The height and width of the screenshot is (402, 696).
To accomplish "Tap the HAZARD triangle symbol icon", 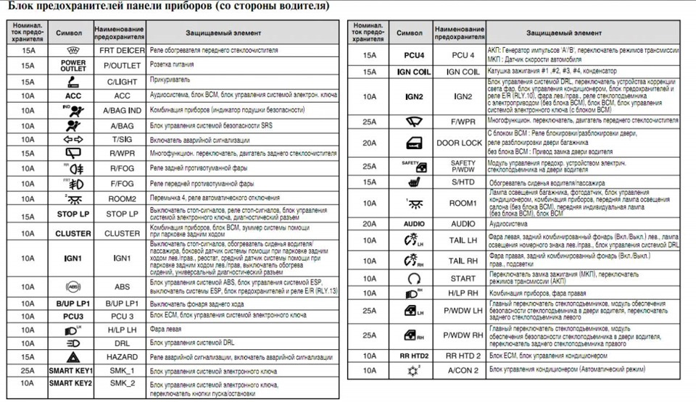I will [73, 357].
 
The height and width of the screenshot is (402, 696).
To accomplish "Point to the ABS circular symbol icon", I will [73, 286].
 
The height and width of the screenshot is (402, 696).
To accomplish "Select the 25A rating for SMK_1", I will [28, 371].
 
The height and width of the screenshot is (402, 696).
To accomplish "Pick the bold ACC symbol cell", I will [73, 95].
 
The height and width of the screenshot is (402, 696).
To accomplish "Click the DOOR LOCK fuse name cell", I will [460, 143].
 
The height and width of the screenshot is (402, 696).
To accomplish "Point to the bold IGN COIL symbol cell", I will [414, 72].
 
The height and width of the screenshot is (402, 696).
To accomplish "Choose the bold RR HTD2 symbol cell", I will [414, 356].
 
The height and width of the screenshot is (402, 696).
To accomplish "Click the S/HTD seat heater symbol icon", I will [414, 181].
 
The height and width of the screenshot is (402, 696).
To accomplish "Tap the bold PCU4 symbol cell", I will [414, 55].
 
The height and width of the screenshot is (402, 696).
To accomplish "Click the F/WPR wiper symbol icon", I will [414, 120].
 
